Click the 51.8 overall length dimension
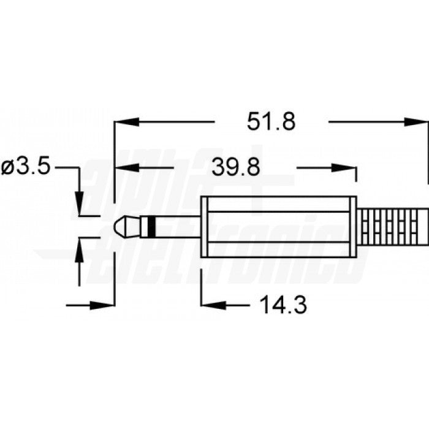271,122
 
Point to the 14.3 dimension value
281,304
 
